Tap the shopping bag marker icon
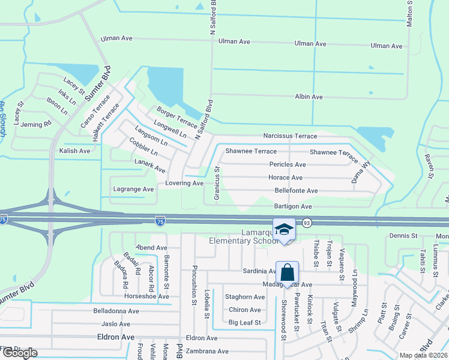(288, 272)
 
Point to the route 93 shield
(306, 222)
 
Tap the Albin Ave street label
(309, 97)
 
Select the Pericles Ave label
(288, 164)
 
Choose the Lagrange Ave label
(134, 189)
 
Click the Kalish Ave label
(75, 151)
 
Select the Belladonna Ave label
(116, 311)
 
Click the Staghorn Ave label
(244, 297)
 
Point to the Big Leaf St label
(245, 323)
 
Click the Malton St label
(410, 12)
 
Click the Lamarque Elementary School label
(243, 236)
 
